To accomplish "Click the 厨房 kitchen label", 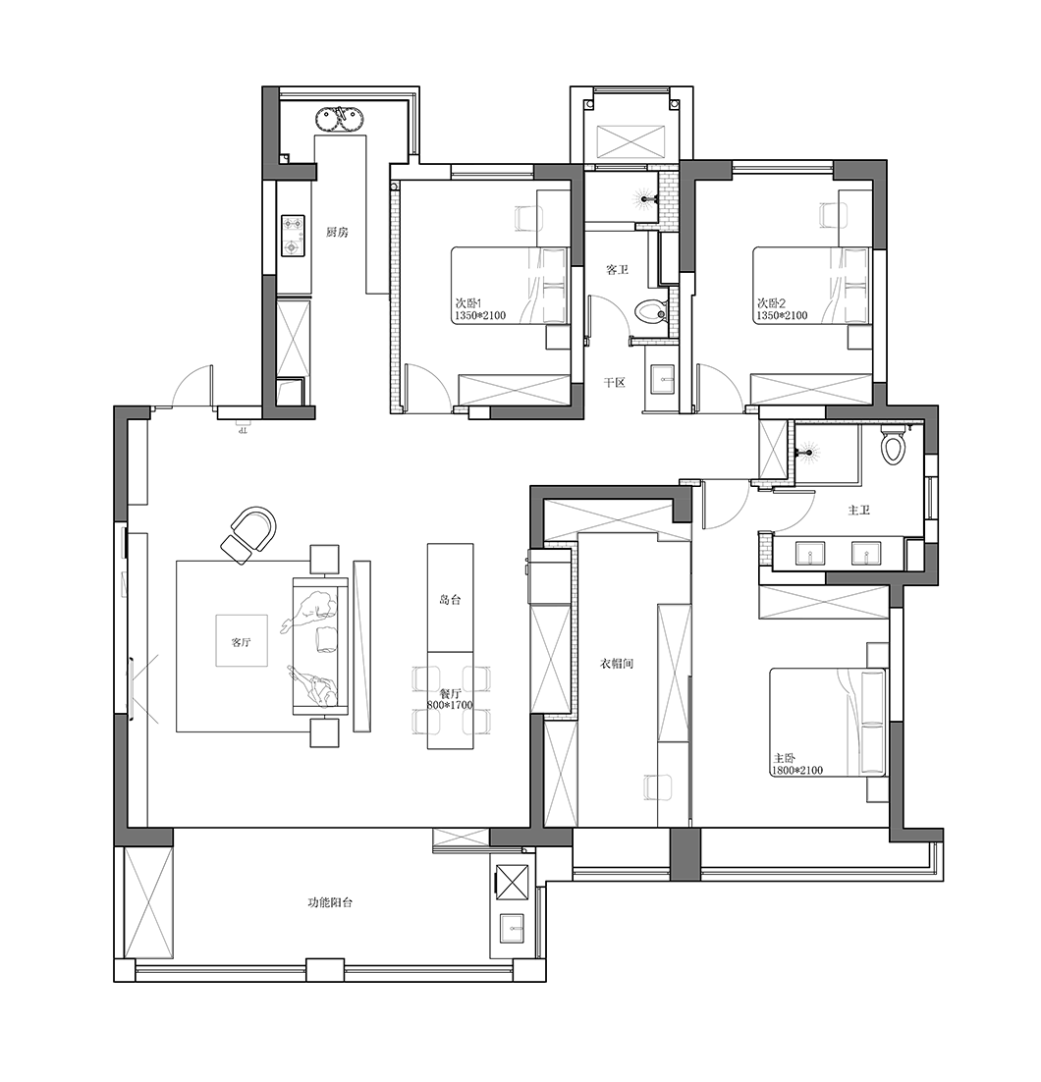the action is click(337, 233).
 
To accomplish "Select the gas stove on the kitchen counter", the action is click(293, 235).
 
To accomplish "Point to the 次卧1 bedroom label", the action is click(468, 303).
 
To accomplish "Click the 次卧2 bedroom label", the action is click(771, 303).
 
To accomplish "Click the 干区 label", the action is click(615, 382).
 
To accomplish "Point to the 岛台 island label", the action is click(450, 600).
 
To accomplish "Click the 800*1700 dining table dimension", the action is click(450, 705).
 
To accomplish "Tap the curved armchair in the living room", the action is click(248, 534).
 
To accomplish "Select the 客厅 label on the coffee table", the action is click(241, 642).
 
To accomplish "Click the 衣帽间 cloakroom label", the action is click(617, 664).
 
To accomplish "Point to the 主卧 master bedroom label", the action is click(785, 758).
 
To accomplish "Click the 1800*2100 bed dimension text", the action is click(798, 770).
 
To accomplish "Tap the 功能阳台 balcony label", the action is click(330, 902).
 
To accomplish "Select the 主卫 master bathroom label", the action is click(858, 510).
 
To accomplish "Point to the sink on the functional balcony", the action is click(513, 928).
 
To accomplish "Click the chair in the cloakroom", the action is click(654, 787).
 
